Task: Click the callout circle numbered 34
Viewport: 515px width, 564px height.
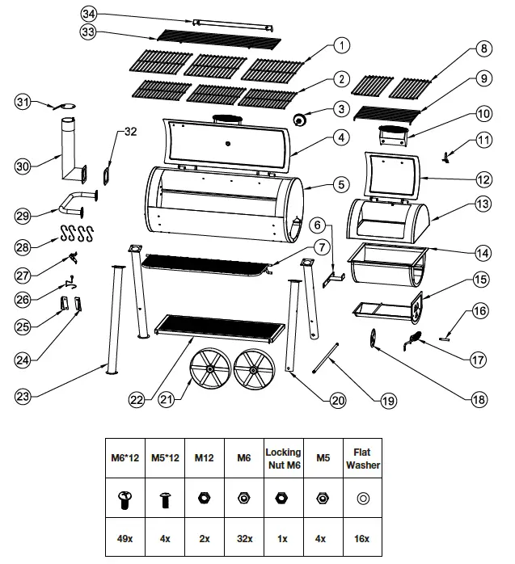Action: pos(90,15)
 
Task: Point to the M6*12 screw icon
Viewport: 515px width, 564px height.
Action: pos(127,499)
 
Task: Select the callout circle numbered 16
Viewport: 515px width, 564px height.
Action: pos(480,309)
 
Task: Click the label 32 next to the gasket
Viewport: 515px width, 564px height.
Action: pos(130,134)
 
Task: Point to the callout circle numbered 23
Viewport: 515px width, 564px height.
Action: pos(26,396)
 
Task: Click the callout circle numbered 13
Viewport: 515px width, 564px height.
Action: pos(482,204)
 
